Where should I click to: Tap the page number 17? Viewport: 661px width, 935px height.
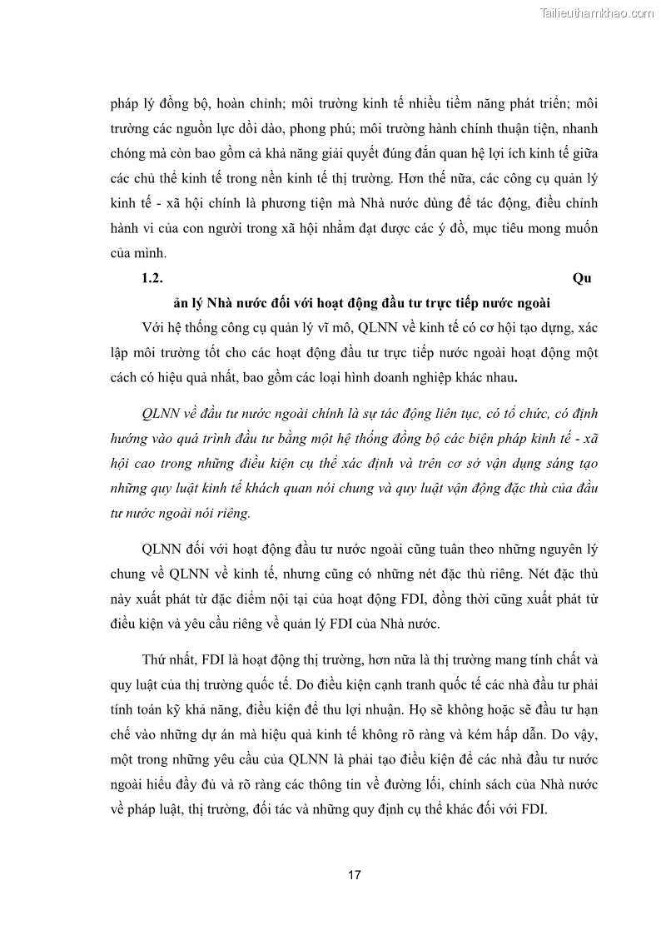coord(354,875)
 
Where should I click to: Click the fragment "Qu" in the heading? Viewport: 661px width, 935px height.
coord(583,278)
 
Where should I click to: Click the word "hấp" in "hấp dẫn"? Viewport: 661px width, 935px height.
coord(510,734)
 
